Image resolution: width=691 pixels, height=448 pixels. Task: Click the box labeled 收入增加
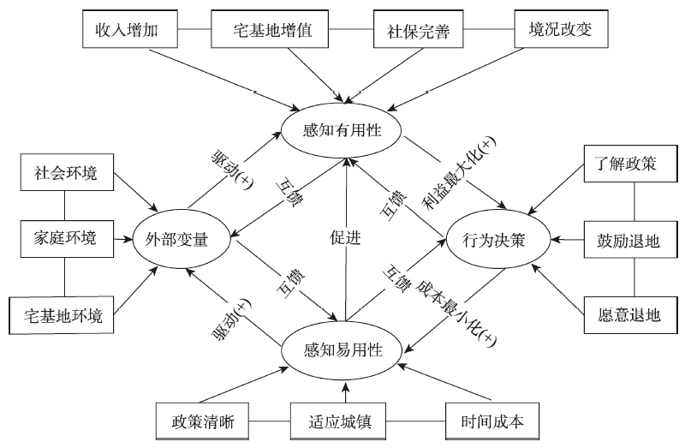click(x=130, y=33)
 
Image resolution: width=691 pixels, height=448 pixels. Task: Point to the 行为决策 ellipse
click(x=496, y=240)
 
